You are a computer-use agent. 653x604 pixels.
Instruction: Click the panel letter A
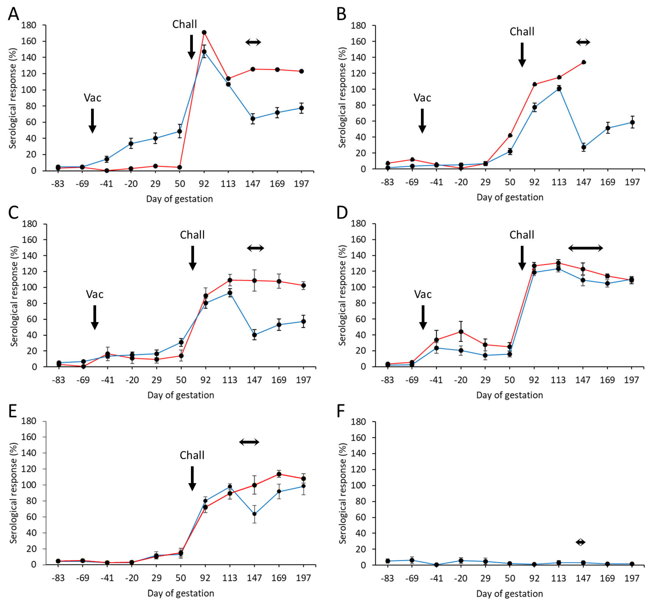click(x=13, y=14)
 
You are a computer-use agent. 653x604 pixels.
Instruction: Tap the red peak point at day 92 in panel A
click(x=204, y=32)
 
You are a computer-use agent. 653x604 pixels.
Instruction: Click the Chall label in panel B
click(x=522, y=32)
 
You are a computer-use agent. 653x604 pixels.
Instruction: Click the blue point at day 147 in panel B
click(x=583, y=147)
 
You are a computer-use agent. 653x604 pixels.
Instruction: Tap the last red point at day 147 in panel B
click(x=583, y=62)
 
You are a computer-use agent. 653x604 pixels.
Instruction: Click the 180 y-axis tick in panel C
click(x=29, y=224)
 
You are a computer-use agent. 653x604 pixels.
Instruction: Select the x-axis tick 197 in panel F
click(x=632, y=578)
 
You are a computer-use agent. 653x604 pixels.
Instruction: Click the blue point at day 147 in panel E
click(x=254, y=514)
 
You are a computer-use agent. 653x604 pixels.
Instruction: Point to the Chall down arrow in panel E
click(x=192, y=479)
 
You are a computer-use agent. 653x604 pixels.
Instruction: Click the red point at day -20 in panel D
click(x=461, y=331)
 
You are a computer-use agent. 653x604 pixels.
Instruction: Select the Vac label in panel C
click(x=95, y=294)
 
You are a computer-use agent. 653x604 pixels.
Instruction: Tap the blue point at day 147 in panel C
click(x=254, y=335)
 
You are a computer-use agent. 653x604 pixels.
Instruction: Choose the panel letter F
click(x=341, y=411)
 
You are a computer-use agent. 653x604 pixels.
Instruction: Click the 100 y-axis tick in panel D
click(x=358, y=287)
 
